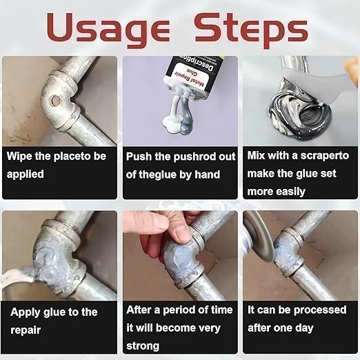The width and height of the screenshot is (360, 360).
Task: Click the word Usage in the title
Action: click(108, 30)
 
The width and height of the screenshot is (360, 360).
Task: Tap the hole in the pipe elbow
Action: click(56, 100)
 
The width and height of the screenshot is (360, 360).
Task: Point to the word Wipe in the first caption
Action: click(19, 157)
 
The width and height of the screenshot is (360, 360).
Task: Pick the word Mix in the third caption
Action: click(256, 156)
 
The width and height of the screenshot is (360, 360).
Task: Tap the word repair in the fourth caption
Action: click(26, 330)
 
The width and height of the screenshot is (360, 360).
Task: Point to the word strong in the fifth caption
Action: click(143, 346)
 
